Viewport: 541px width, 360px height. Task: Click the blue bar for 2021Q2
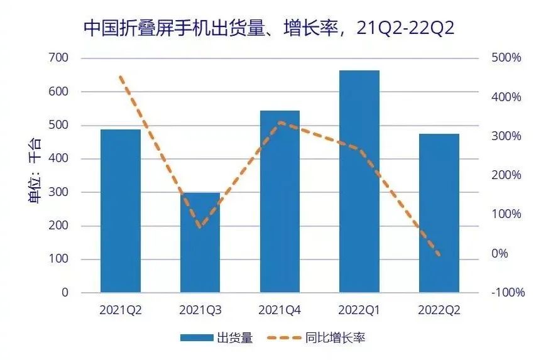coord(121,211)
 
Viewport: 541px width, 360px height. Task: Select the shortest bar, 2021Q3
coord(200,243)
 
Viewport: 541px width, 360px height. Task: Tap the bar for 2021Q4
coord(280,202)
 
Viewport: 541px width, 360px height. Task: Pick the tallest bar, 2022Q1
coord(359,182)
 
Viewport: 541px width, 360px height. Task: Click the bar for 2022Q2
coord(439,213)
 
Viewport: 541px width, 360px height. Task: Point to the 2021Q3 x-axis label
coord(200,310)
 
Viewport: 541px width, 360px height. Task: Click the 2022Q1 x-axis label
coord(359,310)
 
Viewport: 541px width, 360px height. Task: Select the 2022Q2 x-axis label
coord(439,310)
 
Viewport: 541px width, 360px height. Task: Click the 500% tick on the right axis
coord(506,58)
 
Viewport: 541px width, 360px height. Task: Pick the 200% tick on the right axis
coord(506,175)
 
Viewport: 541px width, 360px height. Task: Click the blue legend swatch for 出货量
coord(197,338)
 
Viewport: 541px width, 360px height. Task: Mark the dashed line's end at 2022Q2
coord(439,254)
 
